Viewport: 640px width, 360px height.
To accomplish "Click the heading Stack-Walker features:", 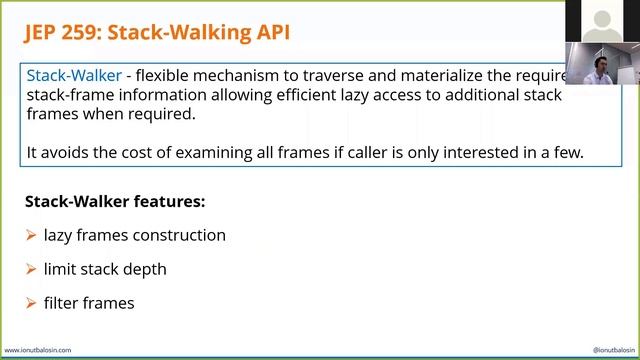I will pyautogui.click(x=115, y=201).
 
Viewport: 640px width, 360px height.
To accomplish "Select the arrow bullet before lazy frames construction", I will pyautogui.click(x=31, y=236).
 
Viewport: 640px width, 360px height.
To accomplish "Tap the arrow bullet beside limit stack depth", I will pyautogui.click(x=31, y=269).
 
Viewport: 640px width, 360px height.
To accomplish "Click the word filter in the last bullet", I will pyautogui.click(x=61, y=302).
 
